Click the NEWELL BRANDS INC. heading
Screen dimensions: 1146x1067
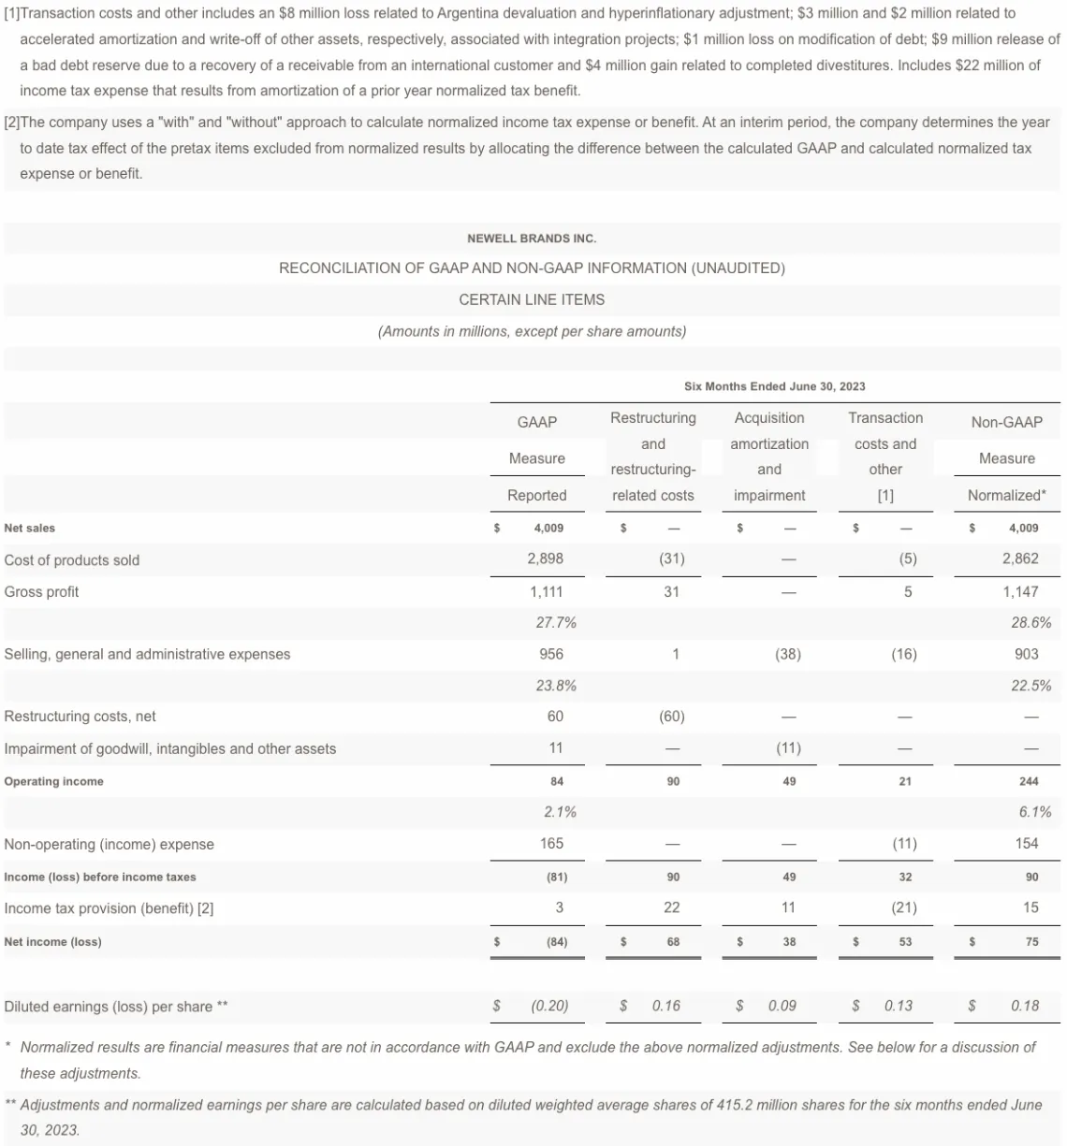click(532, 239)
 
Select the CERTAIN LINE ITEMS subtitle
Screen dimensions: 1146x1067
click(532, 299)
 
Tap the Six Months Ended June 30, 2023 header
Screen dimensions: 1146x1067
click(774, 386)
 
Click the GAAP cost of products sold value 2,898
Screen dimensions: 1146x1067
click(545, 558)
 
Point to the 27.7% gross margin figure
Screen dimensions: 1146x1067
click(555, 622)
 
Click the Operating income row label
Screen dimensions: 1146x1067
click(54, 781)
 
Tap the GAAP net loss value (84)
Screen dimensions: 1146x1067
click(556, 942)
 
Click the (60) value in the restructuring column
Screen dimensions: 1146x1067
click(671, 717)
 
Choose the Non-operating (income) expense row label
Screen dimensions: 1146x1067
click(109, 844)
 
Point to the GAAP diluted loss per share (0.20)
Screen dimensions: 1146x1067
click(549, 1006)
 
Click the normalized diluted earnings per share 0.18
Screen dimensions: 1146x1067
click(1025, 1006)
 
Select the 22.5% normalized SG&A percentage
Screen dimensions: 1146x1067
click(1030, 686)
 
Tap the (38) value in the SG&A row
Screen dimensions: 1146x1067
click(788, 654)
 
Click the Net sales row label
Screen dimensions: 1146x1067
click(30, 528)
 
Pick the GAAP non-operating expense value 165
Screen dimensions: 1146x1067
click(551, 844)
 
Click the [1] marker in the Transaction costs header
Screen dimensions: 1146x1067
click(885, 495)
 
